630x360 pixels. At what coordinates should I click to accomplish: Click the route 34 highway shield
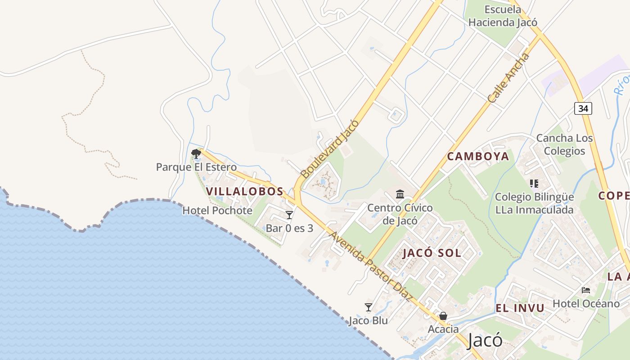583,108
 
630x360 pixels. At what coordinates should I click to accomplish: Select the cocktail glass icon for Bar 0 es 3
289,215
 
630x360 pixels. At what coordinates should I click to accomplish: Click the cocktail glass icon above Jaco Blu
369,307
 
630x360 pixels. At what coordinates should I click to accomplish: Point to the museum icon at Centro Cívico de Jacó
400,194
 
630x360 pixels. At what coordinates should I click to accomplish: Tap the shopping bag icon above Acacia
443,316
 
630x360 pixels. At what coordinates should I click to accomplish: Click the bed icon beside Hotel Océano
586,290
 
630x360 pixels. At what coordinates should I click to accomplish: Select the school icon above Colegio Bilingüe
534,184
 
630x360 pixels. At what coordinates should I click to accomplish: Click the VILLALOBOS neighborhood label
245,191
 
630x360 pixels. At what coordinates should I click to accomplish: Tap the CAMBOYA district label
478,157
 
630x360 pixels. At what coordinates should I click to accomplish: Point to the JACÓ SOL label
432,253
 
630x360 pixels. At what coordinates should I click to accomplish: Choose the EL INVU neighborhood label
520,308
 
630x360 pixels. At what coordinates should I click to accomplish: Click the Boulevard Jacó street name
330,148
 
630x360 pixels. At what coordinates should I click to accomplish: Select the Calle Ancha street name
509,78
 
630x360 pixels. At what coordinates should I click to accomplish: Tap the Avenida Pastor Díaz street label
371,266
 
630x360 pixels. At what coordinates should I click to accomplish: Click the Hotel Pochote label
217,210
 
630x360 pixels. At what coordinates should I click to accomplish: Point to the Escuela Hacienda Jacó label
503,16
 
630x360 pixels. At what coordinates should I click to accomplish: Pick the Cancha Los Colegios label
564,144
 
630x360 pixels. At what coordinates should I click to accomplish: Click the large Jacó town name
485,340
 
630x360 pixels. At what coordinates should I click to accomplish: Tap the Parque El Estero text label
196,167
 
